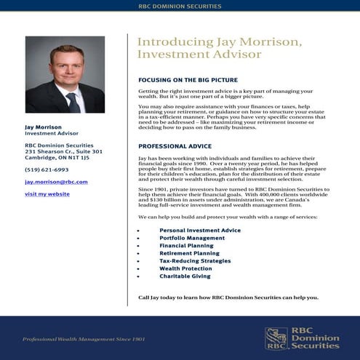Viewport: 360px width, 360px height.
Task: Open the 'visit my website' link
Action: [x=47, y=194]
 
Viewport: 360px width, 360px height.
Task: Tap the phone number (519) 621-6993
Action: [x=47, y=169]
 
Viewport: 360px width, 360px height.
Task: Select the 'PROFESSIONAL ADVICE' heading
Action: [x=175, y=146]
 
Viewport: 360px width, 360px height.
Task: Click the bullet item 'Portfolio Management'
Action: [x=192, y=238]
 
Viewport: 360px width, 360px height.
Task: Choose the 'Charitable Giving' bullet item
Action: [x=185, y=276]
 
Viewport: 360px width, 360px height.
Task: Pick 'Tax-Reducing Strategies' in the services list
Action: [x=195, y=261]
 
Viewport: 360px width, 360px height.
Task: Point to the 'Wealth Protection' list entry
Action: [x=185, y=268]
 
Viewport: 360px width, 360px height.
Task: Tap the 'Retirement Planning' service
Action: [x=189, y=253]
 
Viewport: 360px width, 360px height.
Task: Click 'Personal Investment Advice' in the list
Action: [x=200, y=231]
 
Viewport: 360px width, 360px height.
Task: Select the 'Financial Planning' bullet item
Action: [x=186, y=246]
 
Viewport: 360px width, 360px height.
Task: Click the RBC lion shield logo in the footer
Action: [x=276, y=338]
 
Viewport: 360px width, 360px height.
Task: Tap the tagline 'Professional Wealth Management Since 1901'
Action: [x=84, y=340]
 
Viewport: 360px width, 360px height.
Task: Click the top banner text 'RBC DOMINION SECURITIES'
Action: [x=180, y=6]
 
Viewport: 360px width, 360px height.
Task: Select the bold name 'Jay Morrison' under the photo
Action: [x=44, y=127]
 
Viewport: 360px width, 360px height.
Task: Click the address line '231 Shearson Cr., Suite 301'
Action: [x=63, y=151]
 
